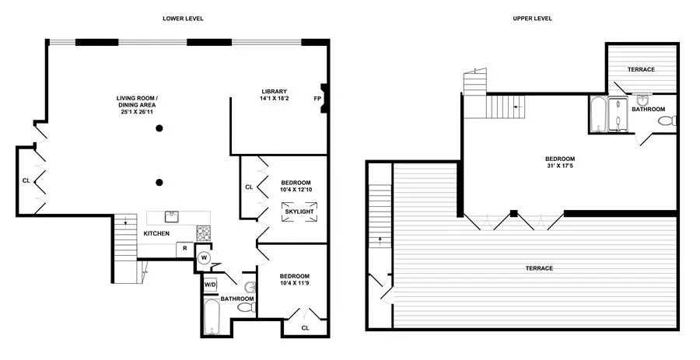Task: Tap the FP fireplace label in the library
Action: (317, 99)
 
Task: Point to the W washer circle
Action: (205, 257)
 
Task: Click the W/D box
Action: (210, 285)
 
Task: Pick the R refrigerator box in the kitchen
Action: (184, 248)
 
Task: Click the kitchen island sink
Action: (173, 217)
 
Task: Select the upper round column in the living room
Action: (159, 129)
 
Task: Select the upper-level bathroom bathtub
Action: (597, 115)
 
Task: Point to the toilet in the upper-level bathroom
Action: (672, 121)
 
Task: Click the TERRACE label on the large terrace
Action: (538, 268)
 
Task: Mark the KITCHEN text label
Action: (156, 233)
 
